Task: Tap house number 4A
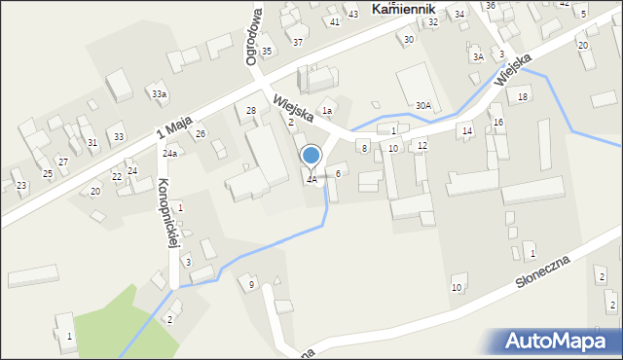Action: click(311, 180)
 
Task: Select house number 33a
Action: click(158, 93)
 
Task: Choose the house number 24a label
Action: click(170, 154)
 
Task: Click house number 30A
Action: click(422, 105)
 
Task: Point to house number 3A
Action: click(478, 57)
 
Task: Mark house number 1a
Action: click(328, 112)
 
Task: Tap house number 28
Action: click(250, 111)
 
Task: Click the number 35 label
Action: click(267, 51)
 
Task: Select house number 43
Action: click(353, 14)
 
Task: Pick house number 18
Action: click(523, 96)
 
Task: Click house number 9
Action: click(251, 284)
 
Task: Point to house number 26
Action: click(201, 133)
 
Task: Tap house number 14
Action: click(467, 130)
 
